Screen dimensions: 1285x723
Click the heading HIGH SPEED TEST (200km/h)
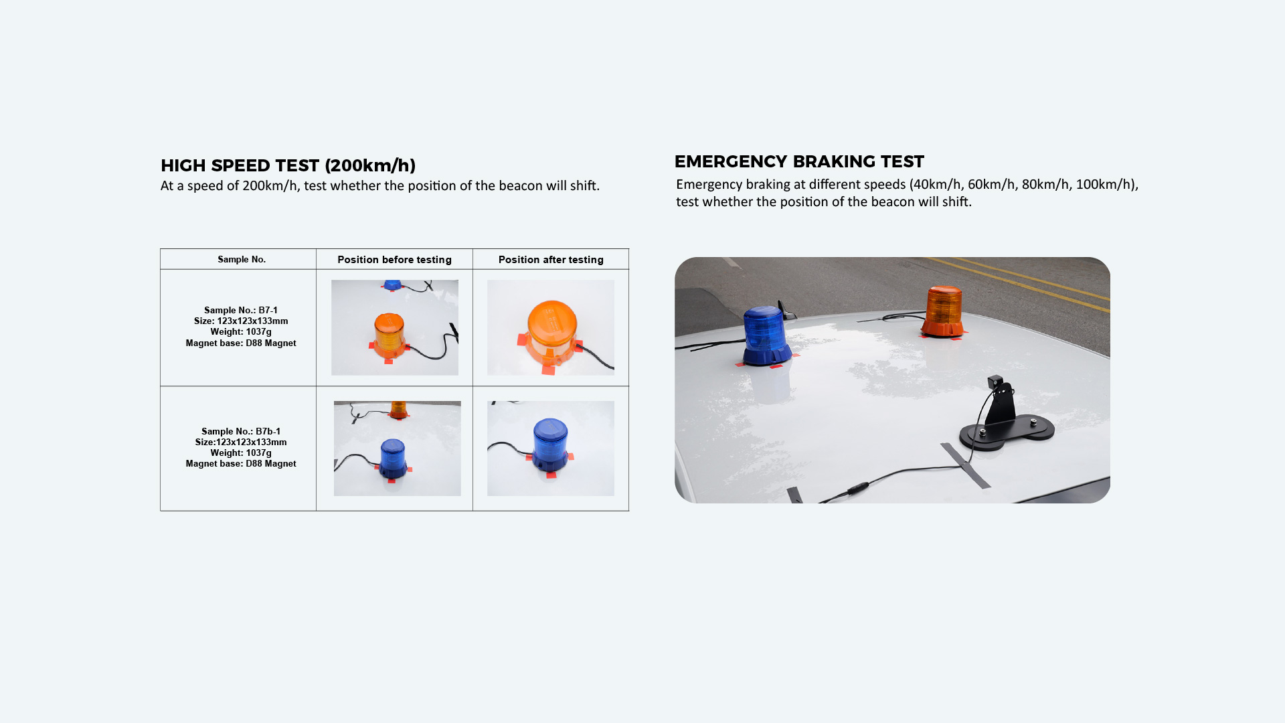pyautogui.click(x=288, y=165)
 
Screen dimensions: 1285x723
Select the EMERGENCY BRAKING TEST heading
pyautogui.click(x=799, y=161)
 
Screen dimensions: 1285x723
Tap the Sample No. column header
pyautogui.click(x=242, y=259)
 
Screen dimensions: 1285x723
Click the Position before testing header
pyautogui.click(x=394, y=260)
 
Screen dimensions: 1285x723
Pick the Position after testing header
pyautogui.click(x=551, y=260)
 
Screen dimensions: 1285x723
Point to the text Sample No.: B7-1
pyautogui.click(x=241, y=310)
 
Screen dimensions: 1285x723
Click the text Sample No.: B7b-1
pyautogui.click(x=241, y=431)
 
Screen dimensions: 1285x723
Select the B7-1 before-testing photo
pyautogui.click(x=395, y=327)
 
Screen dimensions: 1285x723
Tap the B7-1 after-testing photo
pyautogui.click(x=551, y=327)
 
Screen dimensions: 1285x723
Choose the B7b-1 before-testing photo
pyautogui.click(x=398, y=449)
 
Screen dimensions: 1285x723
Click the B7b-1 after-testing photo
pyautogui.click(x=551, y=449)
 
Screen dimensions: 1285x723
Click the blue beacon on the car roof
pyautogui.click(x=766, y=336)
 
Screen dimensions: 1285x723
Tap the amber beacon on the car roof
pyautogui.click(x=944, y=311)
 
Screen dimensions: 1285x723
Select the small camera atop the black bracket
pyautogui.click(x=996, y=382)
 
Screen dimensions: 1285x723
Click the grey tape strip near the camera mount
pyautogui.click(x=966, y=465)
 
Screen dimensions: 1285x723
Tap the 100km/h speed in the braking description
pyautogui.click(x=1105, y=185)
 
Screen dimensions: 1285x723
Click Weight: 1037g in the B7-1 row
pyautogui.click(x=241, y=332)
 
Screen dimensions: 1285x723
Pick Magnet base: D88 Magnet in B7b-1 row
pyautogui.click(x=241, y=463)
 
